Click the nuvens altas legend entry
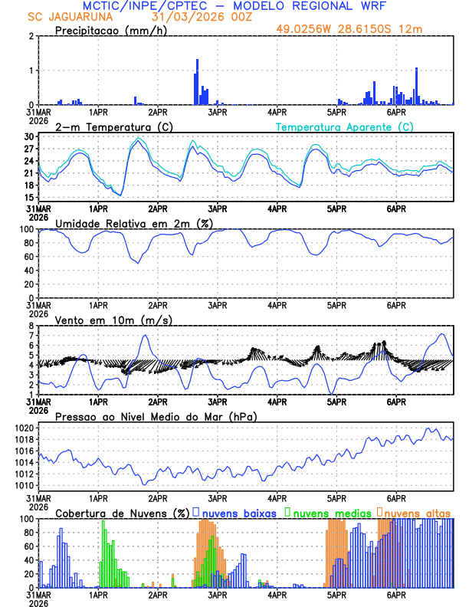(x=416, y=512)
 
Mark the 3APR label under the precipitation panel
(x=217, y=112)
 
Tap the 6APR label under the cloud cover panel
(x=396, y=595)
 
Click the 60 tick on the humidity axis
(x=29, y=257)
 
